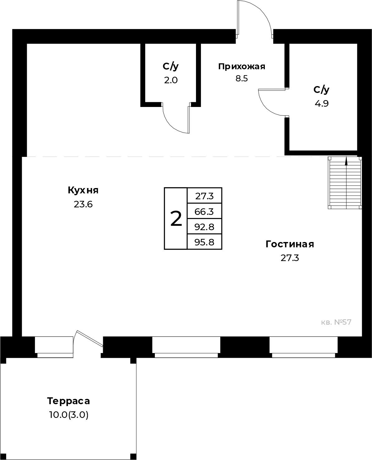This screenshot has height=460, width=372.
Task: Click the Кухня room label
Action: click(83, 190)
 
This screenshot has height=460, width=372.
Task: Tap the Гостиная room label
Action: click(290, 244)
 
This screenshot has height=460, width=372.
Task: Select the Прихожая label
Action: click(242, 66)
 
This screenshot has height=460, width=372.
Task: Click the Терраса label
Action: click(69, 401)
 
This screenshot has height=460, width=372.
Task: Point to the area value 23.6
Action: click(83, 204)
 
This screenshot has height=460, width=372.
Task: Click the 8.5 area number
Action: click(242, 78)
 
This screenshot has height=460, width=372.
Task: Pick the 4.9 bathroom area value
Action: click(322, 104)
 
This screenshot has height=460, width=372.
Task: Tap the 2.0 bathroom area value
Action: click(171, 80)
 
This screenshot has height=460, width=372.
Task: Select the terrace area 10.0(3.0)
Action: click(69, 415)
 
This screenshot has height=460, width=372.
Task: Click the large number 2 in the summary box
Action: click(176, 219)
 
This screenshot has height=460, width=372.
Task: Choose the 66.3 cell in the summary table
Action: click(204, 212)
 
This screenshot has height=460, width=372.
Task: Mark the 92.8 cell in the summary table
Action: click(204, 227)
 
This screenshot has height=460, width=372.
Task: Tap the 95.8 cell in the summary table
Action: click(204, 242)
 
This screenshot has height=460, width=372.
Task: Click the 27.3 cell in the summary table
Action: click(204, 196)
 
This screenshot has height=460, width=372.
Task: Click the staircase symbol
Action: click(345, 183)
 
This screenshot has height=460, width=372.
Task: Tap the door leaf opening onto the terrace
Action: click(90, 338)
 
